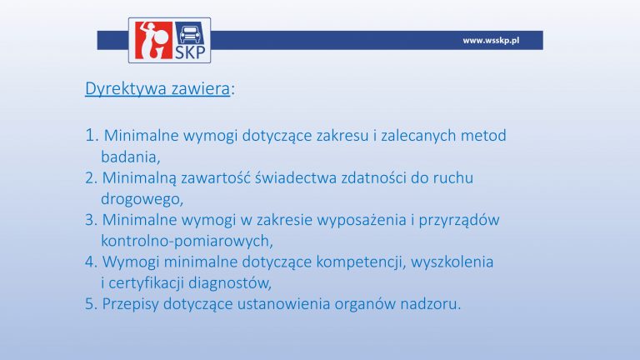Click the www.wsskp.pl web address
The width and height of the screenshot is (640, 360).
pyautogui.click(x=491, y=40)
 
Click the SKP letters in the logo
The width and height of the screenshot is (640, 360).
pyautogui.click(x=190, y=52)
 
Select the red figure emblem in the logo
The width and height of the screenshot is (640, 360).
pyautogui.click(x=153, y=40)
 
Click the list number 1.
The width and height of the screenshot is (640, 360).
pyautogui.click(x=92, y=136)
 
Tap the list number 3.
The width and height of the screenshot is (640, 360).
pyautogui.click(x=91, y=220)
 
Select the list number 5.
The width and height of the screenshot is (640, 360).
pyautogui.click(x=91, y=304)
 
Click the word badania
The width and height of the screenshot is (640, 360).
pyautogui.click(x=130, y=157)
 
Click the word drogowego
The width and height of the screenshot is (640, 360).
pyautogui.click(x=142, y=200)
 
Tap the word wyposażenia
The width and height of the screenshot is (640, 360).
pyautogui.click(x=362, y=221)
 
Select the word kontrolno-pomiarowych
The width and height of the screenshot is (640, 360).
pyautogui.click(x=187, y=241)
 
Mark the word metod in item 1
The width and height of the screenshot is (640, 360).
pyautogui.click(x=483, y=136)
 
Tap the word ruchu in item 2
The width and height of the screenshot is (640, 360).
pyautogui.click(x=453, y=178)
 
